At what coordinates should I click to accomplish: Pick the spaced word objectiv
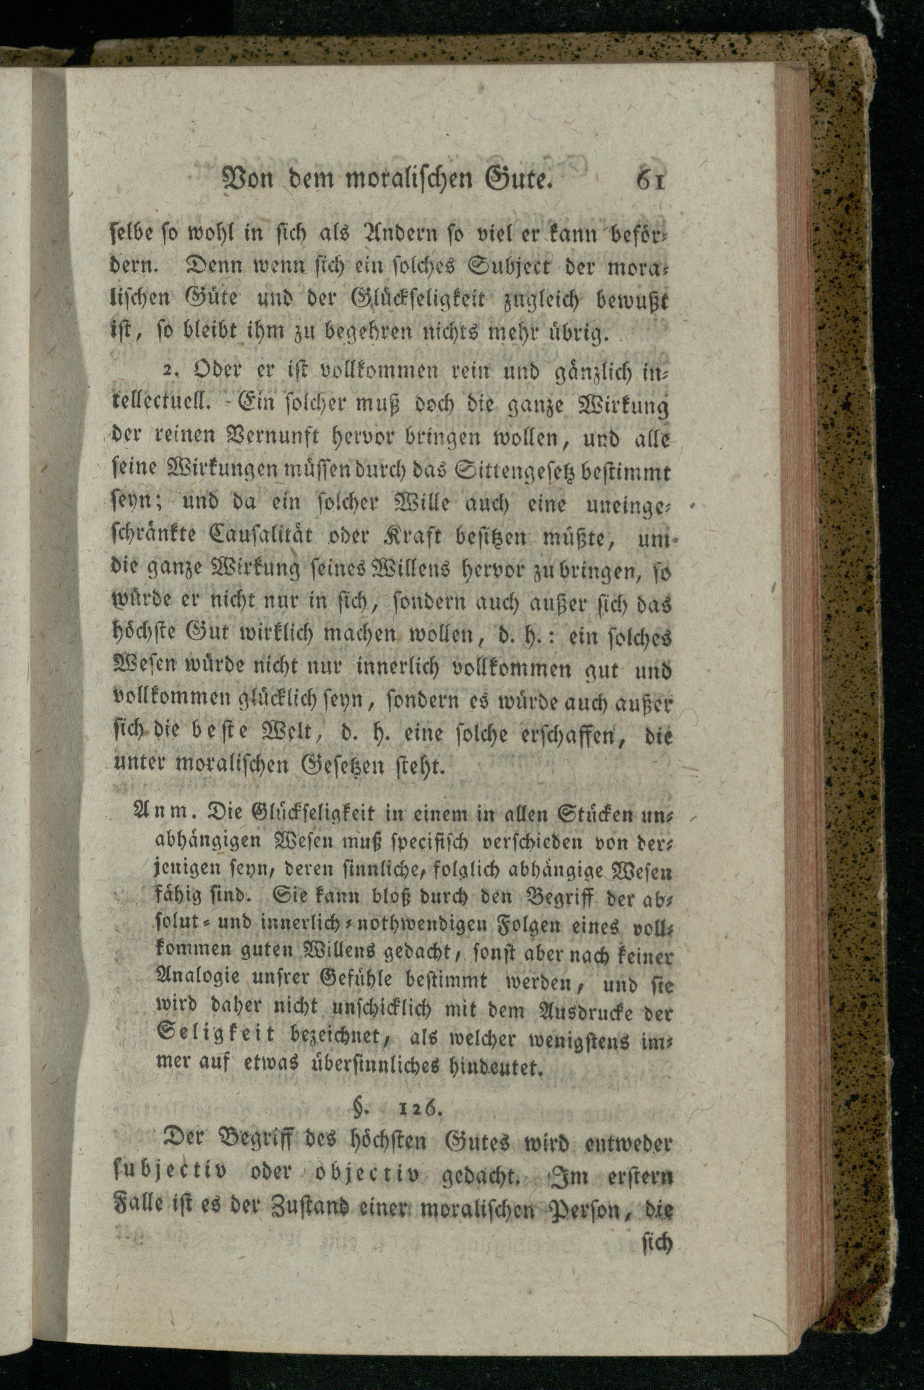click(x=368, y=1174)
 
